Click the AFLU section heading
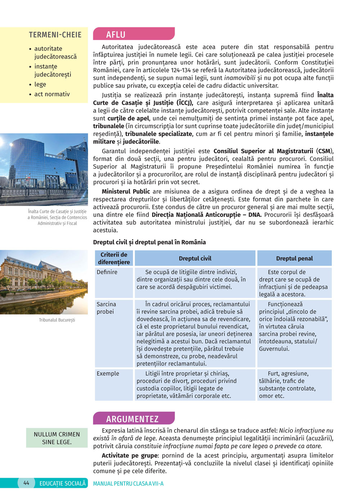(116, 35)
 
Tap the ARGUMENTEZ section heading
(132, 419)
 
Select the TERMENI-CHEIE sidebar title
(55, 35)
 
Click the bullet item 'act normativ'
(52, 94)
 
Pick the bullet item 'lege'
(40, 85)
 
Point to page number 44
(26, 483)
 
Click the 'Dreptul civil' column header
(195, 258)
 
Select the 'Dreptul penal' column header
(294, 258)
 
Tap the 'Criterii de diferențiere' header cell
(114, 258)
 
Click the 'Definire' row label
(107, 272)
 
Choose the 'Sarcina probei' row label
(106, 308)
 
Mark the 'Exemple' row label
(108, 374)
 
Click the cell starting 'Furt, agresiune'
(288, 385)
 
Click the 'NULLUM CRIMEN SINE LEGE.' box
(57, 438)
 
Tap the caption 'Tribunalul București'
(57, 320)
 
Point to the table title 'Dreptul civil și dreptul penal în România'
(149, 242)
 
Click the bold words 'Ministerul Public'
(126, 191)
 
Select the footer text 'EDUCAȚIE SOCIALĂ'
(63, 483)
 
